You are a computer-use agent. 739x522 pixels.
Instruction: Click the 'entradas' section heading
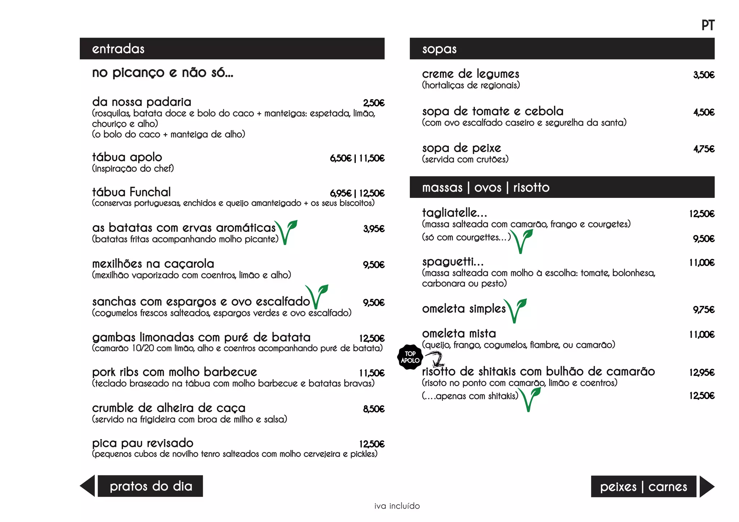click(118, 49)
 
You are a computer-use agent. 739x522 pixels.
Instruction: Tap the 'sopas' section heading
click(439, 49)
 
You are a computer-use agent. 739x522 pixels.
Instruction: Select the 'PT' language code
click(708, 26)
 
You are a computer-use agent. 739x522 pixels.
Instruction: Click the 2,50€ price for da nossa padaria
click(374, 103)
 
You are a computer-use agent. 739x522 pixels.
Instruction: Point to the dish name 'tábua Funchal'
click(131, 192)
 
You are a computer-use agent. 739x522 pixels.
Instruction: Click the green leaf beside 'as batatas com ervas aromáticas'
click(287, 232)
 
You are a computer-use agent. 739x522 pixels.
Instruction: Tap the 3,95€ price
click(374, 229)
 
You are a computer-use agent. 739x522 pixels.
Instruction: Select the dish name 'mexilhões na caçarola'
click(153, 264)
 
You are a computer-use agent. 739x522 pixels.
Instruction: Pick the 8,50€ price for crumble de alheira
click(374, 409)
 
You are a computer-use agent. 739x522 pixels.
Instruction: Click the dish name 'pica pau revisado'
click(143, 443)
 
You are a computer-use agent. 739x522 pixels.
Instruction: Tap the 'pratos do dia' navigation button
click(150, 486)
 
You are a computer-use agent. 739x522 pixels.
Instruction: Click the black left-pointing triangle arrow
click(88, 486)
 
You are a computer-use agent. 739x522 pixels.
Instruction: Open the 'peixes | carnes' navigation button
click(643, 487)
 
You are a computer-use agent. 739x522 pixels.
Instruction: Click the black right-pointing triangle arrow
click(706, 487)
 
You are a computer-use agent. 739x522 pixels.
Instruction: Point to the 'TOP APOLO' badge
click(410, 357)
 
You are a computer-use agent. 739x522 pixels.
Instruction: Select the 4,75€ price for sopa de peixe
click(704, 149)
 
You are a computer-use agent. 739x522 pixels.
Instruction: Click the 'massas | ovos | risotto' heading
click(486, 187)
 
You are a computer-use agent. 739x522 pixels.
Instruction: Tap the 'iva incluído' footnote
click(397, 506)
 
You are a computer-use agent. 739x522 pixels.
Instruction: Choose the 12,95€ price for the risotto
click(701, 372)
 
